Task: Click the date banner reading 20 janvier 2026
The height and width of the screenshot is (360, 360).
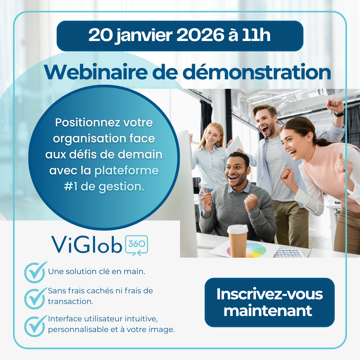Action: tap(180, 36)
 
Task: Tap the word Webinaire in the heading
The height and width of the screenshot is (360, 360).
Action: tap(96, 72)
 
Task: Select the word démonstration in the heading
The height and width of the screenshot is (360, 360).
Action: tap(257, 72)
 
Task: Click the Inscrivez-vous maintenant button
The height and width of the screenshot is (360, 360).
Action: tap(270, 302)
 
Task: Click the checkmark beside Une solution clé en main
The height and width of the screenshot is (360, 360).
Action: tap(36, 272)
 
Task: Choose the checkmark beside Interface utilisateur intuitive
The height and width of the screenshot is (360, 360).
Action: tap(36, 326)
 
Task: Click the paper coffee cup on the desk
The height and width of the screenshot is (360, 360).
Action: tap(237, 241)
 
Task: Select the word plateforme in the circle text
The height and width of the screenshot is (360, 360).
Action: tap(127, 171)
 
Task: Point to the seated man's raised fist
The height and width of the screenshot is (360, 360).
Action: tap(251, 202)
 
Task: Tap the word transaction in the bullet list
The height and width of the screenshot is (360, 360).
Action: tap(70, 301)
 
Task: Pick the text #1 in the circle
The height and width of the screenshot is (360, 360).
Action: tap(71, 187)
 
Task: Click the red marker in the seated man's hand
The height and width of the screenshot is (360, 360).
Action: tap(205, 193)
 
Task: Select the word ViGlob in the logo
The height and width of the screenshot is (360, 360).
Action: tap(86, 244)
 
